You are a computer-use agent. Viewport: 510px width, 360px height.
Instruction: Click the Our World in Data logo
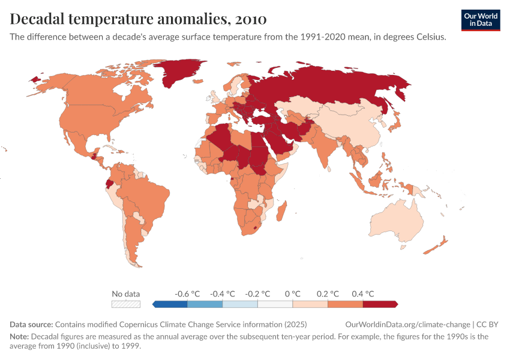pyautogui.click(x=481, y=20)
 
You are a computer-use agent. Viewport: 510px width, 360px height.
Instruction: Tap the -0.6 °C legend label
pyautogui.click(x=187, y=294)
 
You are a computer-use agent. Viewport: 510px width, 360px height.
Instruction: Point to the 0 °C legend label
pyautogui.click(x=292, y=294)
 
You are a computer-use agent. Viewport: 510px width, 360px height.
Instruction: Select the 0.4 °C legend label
pyautogui.click(x=362, y=294)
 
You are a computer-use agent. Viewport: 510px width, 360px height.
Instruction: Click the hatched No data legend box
pyautogui.click(x=126, y=304)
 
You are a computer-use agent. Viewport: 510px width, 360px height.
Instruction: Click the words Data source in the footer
pyautogui.click(x=31, y=324)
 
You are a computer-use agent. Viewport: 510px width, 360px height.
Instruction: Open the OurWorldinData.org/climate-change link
pyautogui.click(x=408, y=324)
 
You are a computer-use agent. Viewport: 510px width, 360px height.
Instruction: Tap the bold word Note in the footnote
pyautogui.click(x=19, y=337)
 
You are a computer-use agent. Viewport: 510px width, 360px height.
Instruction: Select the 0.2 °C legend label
pyautogui.click(x=328, y=294)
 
